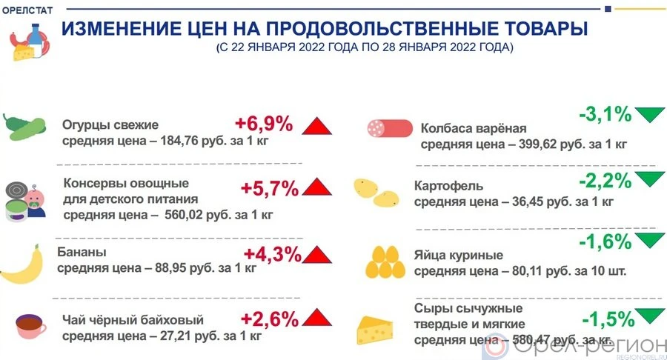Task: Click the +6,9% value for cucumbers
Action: (264, 123)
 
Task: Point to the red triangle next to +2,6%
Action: (316, 319)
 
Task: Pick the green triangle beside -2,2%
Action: (650, 179)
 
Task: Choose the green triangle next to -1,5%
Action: (650, 318)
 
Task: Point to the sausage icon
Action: (390, 128)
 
